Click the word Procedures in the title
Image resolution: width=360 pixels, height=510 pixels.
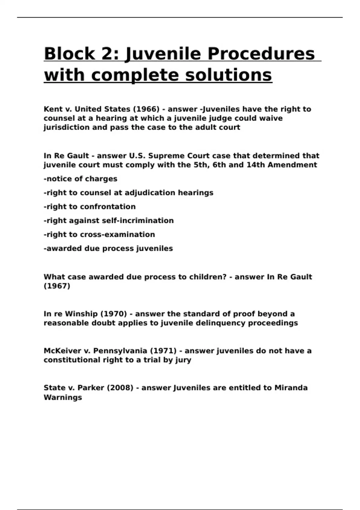[x=261, y=54]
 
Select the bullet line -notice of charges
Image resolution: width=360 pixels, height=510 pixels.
[x=80, y=179]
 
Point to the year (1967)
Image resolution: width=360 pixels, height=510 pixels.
[x=57, y=286]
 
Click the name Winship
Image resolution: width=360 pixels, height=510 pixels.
[x=81, y=314]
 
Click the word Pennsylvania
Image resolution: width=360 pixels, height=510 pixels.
[x=120, y=351]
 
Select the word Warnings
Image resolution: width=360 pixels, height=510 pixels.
[x=63, y=397]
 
